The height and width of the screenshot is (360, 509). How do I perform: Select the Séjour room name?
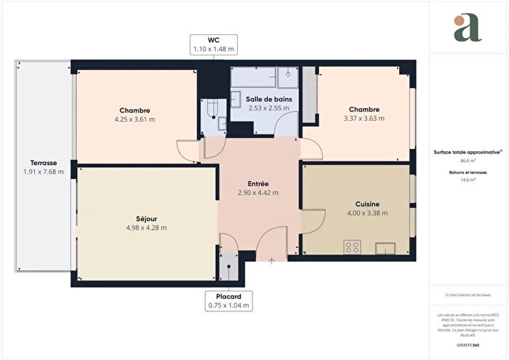coord(145,218)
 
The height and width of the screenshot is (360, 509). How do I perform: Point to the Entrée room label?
coord(258,184)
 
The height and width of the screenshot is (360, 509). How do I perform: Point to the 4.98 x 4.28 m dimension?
coord(145,228)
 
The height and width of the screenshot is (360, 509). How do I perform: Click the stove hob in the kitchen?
coord(353,247)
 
